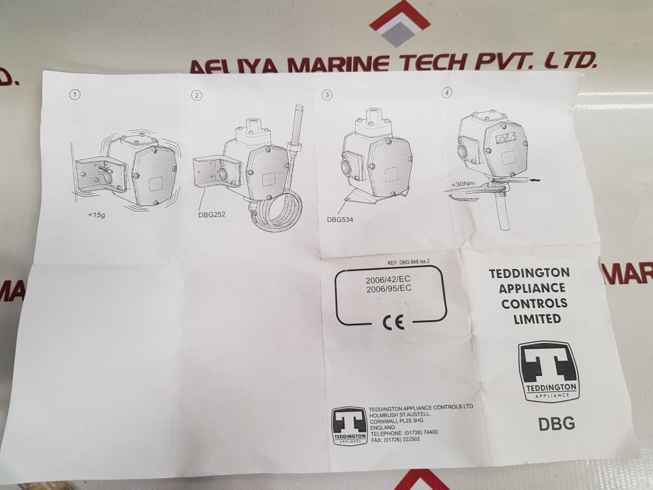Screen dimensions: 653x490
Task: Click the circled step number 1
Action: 75,95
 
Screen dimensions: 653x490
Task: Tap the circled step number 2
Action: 197,95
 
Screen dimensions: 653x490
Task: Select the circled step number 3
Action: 327,95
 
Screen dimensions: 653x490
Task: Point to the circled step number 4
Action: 447,93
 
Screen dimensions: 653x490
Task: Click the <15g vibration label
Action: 96,215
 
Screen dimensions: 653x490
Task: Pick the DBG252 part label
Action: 212,215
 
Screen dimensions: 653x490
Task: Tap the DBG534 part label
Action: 339,219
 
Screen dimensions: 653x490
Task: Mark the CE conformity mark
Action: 394,322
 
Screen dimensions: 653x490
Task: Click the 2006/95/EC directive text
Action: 389,289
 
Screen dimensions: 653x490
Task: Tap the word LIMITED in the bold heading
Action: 537,319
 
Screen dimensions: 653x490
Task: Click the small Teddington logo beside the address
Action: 349,425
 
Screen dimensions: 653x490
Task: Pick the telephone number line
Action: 404,433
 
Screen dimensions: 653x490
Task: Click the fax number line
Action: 395,439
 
